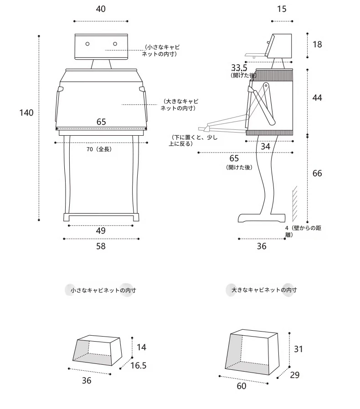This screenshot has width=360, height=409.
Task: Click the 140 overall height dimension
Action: [x=26, y=112]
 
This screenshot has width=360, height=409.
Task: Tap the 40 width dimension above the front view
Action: [x=101, y=9]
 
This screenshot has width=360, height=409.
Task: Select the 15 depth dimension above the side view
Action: [x=282, y=9]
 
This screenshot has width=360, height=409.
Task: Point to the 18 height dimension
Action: [x=317, y=44]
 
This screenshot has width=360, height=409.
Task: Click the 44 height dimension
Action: [x=317, y=98]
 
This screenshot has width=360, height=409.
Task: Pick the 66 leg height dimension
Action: [x=317, y=173]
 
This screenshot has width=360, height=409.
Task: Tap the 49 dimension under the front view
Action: [x=101, y=230]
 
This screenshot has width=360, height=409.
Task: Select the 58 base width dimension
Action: [x=101, y=246]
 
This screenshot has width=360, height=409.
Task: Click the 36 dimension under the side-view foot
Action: [x=262, y=246]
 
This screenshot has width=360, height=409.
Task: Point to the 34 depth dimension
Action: [x=266, y=146]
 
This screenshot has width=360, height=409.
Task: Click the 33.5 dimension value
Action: [x=239, y=68]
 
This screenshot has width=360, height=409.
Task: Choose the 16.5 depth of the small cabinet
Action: [x=139, y=365]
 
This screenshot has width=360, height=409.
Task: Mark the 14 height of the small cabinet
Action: [x=141, y=347]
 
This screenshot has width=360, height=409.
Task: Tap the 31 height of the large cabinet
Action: [x=298, y=349]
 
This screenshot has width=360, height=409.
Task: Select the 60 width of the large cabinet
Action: [x=242, y=386]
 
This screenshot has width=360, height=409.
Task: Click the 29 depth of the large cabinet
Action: [x=295, y=375]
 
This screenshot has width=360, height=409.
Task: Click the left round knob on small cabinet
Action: [x=87, y=44]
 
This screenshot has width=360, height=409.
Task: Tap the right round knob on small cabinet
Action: [x=115, y=44]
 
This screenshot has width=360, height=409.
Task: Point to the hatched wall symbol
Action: [x=295, y=204]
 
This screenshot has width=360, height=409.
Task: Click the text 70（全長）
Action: [x=99, y=149]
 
